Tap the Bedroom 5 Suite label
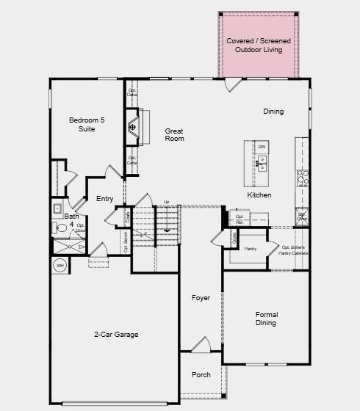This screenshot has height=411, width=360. tap(82, 124)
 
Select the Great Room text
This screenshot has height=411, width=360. tap(174, 134)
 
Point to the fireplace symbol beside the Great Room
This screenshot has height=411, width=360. tap(132, 127)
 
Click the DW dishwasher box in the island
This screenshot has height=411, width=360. tap(262, 147)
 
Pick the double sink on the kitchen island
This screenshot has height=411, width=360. tap(262, 162)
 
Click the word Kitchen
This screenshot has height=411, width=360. tap(259, 195)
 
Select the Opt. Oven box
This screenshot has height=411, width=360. tap(302, 217)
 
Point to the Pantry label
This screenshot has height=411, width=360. tap(250, 250)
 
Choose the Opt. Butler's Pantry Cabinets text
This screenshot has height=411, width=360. tap(294, 250)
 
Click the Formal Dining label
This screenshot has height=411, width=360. tap(266, 319)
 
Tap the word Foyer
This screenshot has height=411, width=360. tap(201, 298)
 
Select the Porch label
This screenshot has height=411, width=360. tap(201, 375)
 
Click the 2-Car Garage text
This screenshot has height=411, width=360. tap(116, 335)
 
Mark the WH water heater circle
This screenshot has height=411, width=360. tap(60, 265)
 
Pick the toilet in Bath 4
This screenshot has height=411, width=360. tap(60, 229)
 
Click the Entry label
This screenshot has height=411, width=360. tap(104, 199)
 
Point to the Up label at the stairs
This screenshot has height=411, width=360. tap(166, 202)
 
